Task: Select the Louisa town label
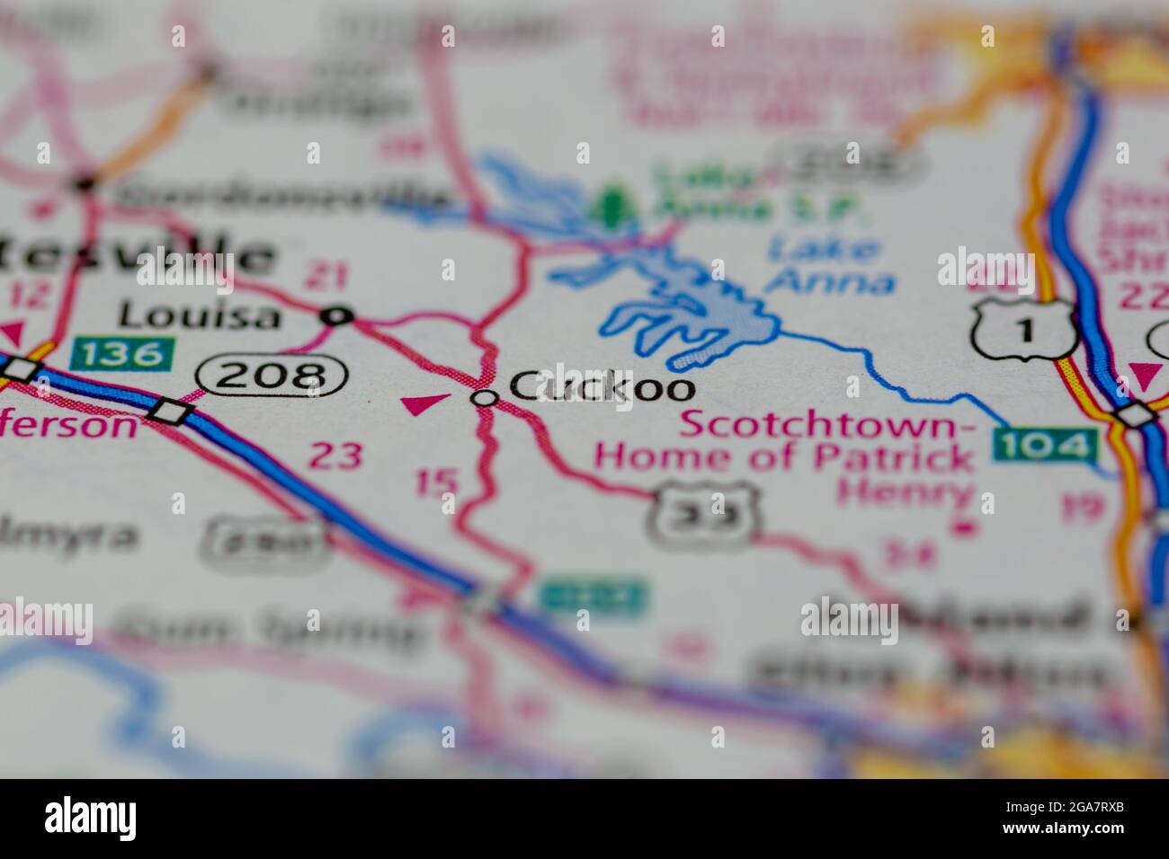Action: pyautogui.click(x=200, y=314)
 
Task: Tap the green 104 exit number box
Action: pyautogui.click(x=1046, y=445)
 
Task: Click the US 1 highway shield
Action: pyautogui.click(x=1024, y=330)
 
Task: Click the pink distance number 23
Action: pyautogui.click(x=336, y=456)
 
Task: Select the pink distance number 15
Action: pyautogui.click(x=438, y=483)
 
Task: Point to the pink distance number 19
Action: pyautogui.click(x=1082, y=508)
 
